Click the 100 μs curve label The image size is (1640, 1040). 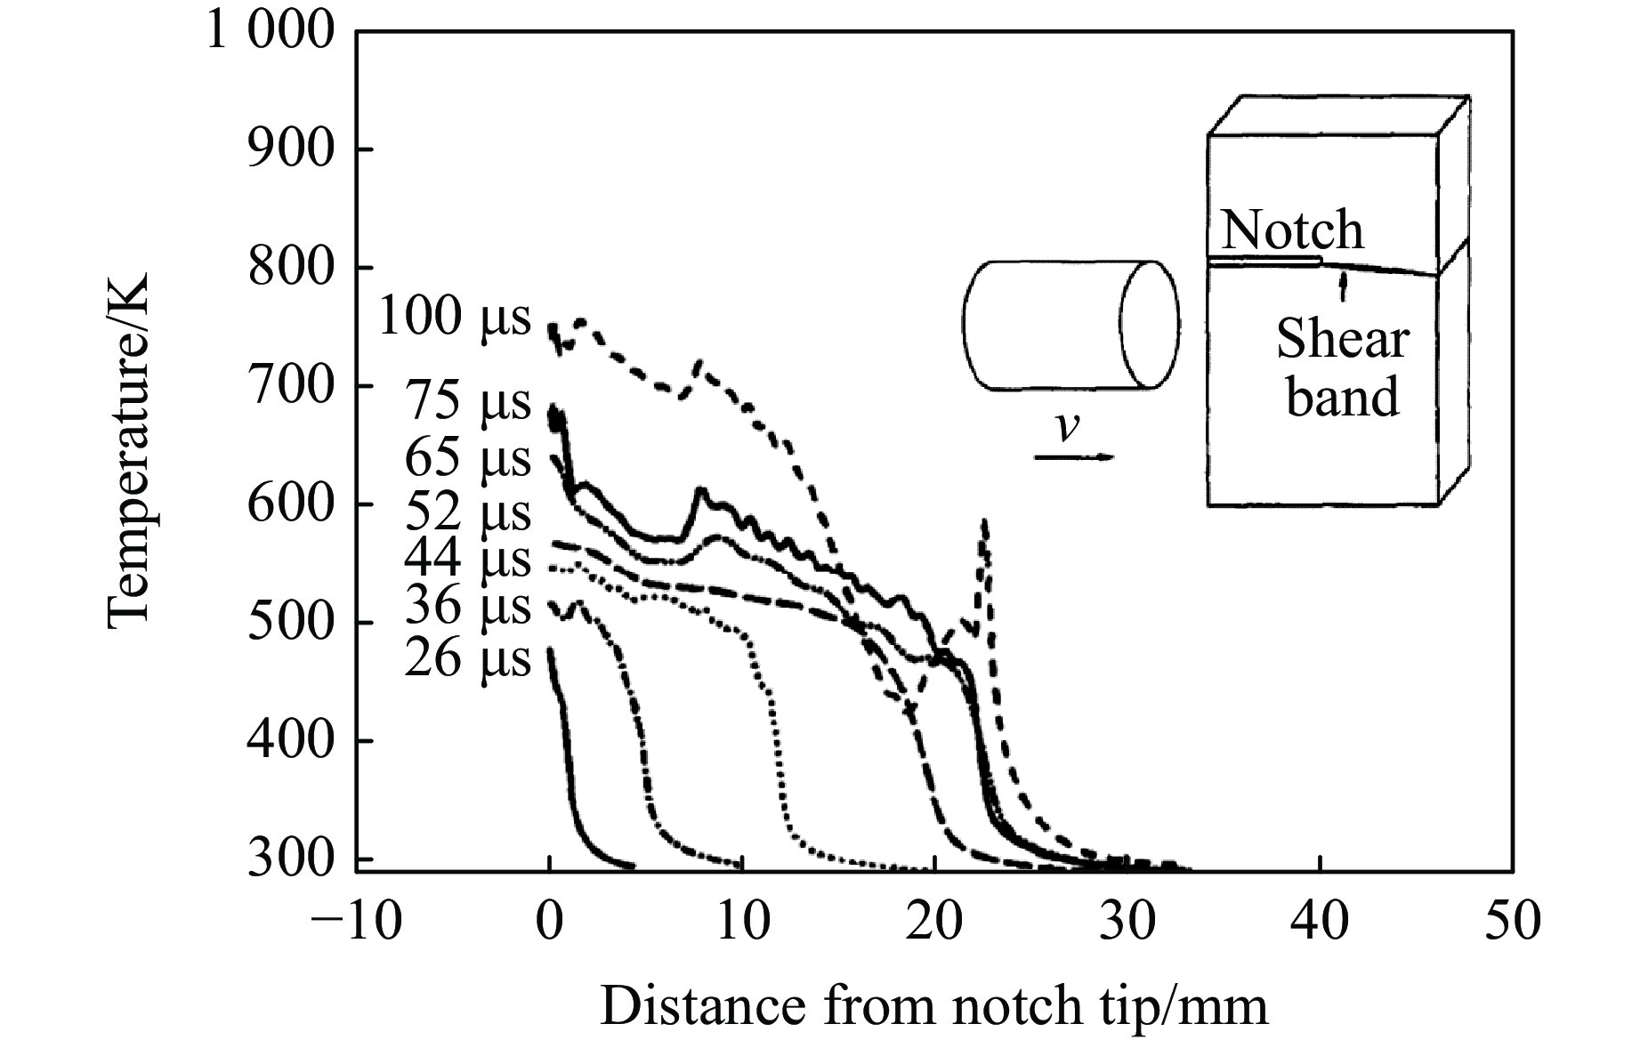pyautogui.click(x=454, y=317)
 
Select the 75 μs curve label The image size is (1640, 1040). pyautogui.click(x=467, y=401)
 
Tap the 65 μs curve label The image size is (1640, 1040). pyautogui.click(x=467, y=459)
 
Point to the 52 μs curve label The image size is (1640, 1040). pyautogui.click(x=467, y=512)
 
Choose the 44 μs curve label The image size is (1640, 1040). pyautogui.click(x=467, y=559)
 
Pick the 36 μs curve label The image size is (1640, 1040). pyautogui.click(x=467, y=608)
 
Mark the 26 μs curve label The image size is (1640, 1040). pyautogui.click(x=467, y=660)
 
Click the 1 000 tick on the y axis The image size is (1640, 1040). pyautogui.click(x=271, y=31)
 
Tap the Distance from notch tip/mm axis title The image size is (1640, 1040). pyautogui.click(x=933, y=1006)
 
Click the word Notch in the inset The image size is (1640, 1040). pyautogui.click(x=1291, y=230)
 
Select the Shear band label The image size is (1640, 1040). pyautogui.click(x=1343, y=367)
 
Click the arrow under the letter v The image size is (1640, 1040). pyautogui.click(x=1073, y=457)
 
